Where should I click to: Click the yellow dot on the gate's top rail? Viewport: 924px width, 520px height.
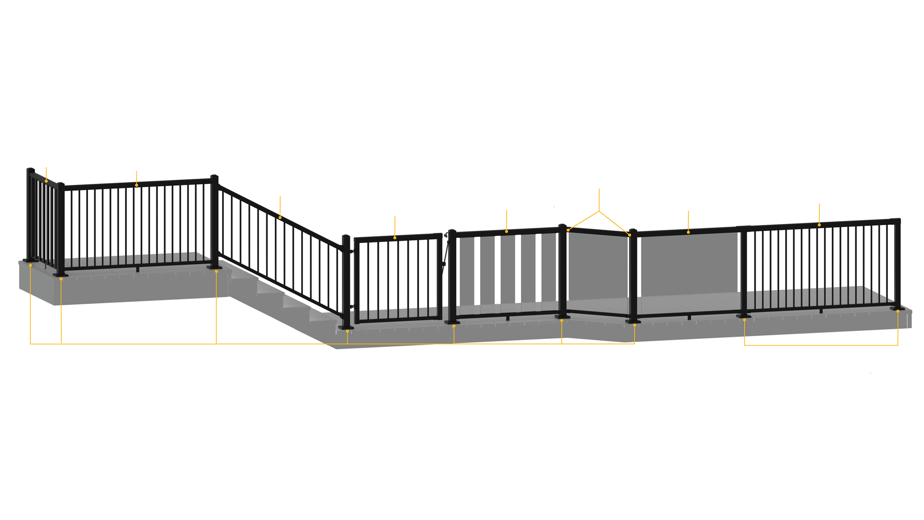click(395, 238)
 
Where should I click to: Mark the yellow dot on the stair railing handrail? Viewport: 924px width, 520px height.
click(280, 217)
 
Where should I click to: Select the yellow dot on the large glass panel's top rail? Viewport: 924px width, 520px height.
click(688, 232)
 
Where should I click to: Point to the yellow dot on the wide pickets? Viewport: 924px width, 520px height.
click(46, 181)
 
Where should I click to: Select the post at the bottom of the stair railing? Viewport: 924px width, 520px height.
click(346, 282)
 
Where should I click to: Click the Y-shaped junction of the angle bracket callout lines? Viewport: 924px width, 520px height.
click(599, 211)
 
